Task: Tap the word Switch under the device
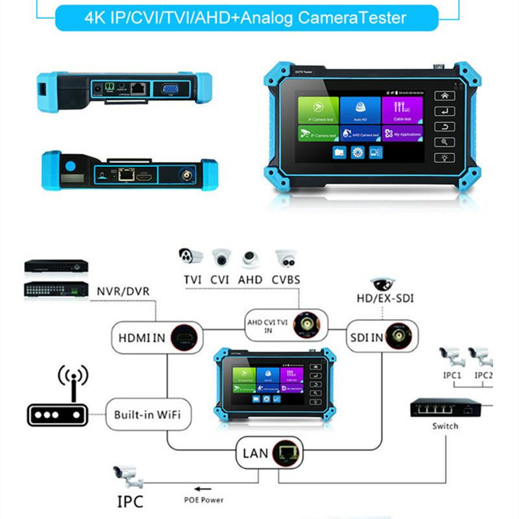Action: (445, 426)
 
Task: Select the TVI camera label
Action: (191, 280)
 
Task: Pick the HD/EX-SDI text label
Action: (385, 299)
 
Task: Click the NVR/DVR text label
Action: (123, 291)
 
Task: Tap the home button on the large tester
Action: (445, 95)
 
